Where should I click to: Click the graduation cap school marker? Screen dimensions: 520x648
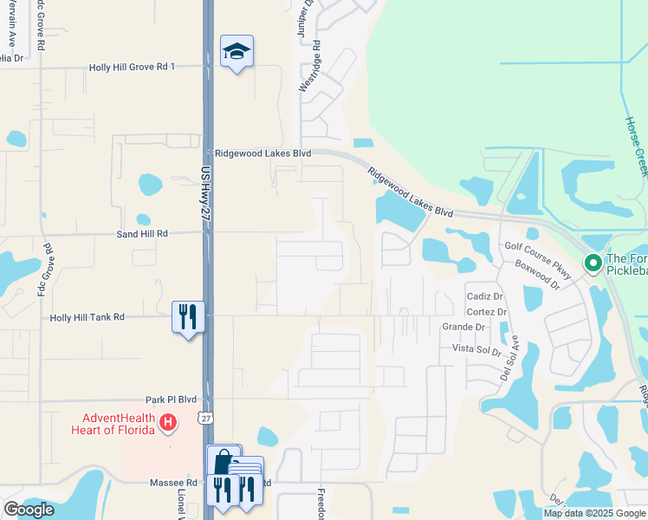point(237,54)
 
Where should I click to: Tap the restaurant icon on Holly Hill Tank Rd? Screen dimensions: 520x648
point(188,317)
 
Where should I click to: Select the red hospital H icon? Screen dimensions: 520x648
point(169,424)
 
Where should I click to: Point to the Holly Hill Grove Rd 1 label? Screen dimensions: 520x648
point(133,67)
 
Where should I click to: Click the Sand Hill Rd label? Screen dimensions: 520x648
point(142,234)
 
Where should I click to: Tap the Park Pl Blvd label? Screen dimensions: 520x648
point(172,400)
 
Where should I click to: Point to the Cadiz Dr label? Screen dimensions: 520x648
point(485,296)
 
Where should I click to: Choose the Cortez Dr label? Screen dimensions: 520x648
point(486,312)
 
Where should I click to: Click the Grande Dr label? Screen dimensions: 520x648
point(463,328)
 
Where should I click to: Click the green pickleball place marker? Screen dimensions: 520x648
point(593,262)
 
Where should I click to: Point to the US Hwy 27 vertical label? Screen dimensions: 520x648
point(206,198)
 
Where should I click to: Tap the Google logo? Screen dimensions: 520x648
point(29,510)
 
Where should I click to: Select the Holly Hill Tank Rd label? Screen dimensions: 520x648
point(87,318)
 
